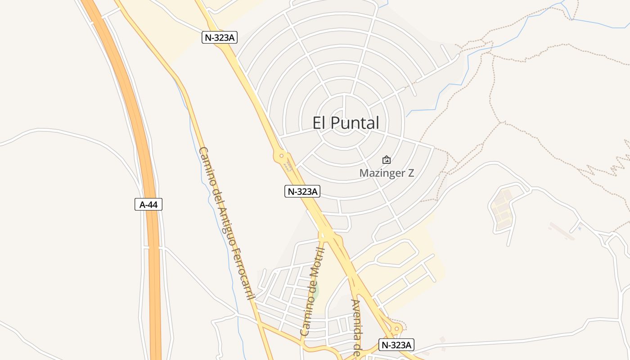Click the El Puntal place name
click(x=346, y=123)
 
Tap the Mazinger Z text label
click(x=387, y=173)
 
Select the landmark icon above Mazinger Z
click(x=386, y=160)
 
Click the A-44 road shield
click(x=148, y=204)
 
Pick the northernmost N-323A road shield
click(x=220, y=37)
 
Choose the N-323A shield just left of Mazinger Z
click(x=302, y=191)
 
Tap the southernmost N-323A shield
click(x=396, y=345)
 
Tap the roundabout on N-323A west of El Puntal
click(x=282, y=156)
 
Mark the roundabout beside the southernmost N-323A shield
click(x=396, y=329)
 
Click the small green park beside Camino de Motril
click(x=316, y=290)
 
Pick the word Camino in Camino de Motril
click(x=306, y=319)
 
